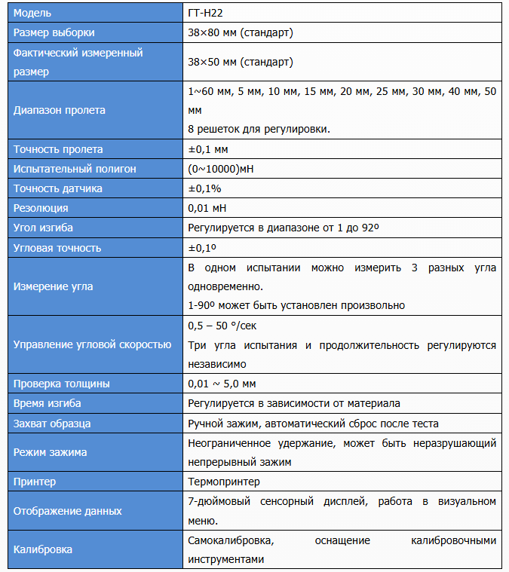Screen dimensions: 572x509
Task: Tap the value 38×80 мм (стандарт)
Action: tap(240, 32)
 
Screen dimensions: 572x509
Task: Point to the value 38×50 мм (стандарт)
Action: tap(240, 62)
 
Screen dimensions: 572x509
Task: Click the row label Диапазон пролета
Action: tap(60, 110)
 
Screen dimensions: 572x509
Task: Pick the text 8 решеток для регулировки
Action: tap(259, 129)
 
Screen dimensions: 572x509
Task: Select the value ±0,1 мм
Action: tap(207, 149)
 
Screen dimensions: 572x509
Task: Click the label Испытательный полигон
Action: tap(75, 169)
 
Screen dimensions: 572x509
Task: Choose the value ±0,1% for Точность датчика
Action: tap(204, 188)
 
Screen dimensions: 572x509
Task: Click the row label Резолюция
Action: tap(41, 208)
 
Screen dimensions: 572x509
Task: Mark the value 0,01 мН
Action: tap(207, 208)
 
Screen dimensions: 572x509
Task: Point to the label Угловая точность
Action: tap(57, 247)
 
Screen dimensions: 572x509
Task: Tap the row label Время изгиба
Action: tap(48, 403)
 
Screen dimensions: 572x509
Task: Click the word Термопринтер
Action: tap(223, 481)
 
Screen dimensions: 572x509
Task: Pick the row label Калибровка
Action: tap(43, 549)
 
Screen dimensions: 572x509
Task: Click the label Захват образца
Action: tap(52, 423)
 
